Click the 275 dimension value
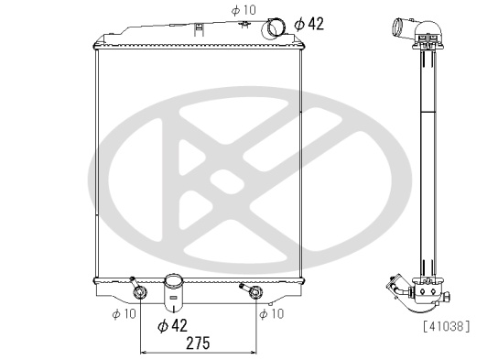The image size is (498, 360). pyautogui.click(x=198, y=344)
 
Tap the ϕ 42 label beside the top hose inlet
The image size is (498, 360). pyautogui.click(x=309, y=24)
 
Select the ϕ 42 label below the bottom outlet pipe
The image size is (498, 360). pyautogui.click(x=172, y=325)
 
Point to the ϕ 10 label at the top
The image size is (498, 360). pyautogui.click(x=244, y=10)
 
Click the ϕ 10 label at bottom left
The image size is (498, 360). pyautogui.click(x=124, y=314)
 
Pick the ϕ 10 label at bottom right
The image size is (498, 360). pyautogui.click(x=271, y=314)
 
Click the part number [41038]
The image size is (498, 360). pyautogui.click(x=446, y=326)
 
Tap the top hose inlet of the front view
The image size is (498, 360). pyautogui.click(x=273, y=28)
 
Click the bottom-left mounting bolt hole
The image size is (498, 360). pyautogui.click(x=140, y=292)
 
